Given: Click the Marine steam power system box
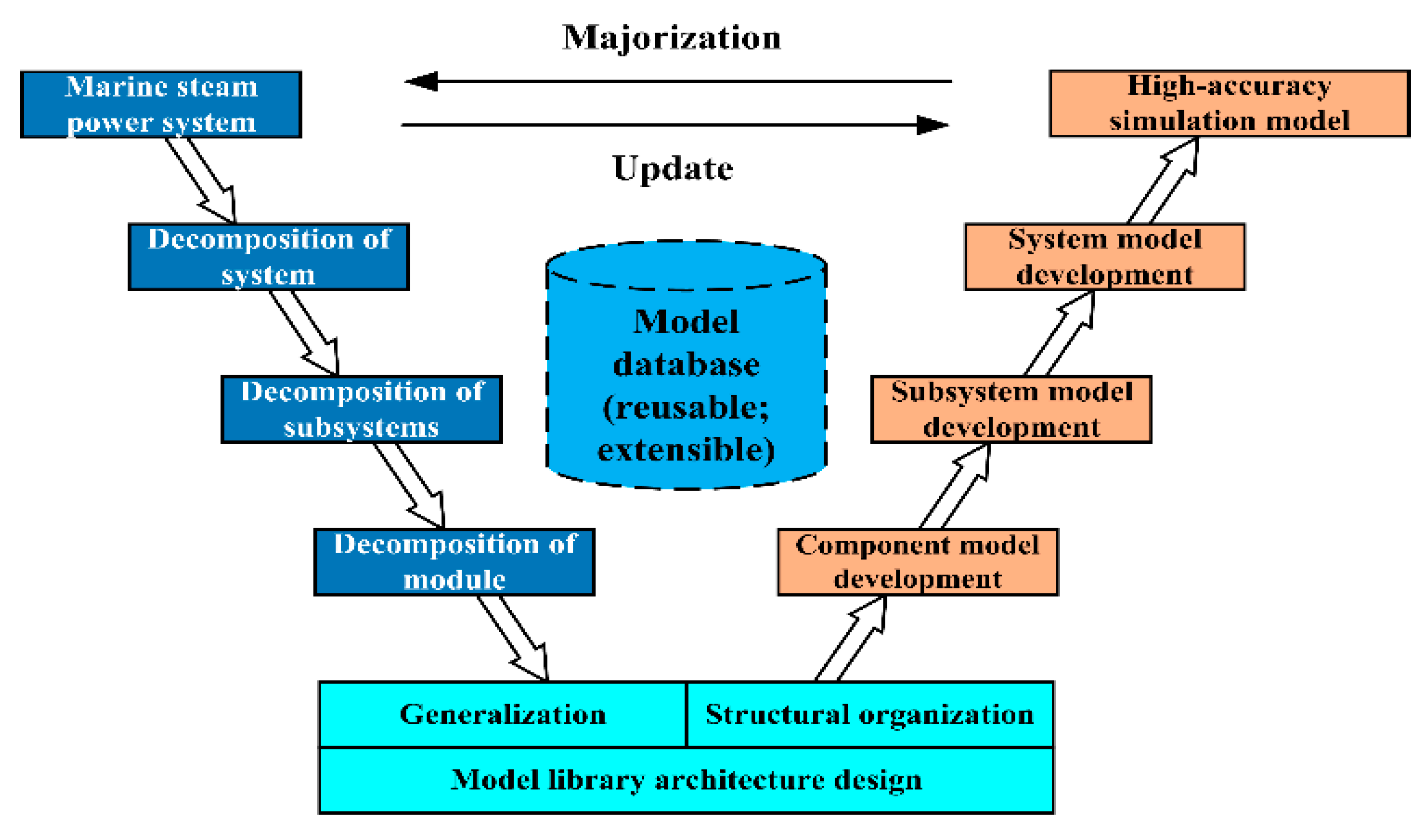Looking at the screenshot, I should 161,104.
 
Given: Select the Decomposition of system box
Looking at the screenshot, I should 268,257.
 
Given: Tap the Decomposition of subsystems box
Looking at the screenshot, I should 361,409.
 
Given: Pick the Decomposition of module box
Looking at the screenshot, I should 455,562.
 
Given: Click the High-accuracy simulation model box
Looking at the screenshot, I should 1229,104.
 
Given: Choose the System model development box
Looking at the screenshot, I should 1104,257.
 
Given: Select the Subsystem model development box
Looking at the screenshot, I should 1011,409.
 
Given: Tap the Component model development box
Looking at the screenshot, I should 917,562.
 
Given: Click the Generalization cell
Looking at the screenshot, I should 502,714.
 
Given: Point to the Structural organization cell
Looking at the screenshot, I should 870,714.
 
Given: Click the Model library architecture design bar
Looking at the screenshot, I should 686,780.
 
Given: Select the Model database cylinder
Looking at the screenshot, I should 686,385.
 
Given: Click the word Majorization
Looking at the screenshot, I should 671,38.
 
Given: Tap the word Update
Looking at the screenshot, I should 673,168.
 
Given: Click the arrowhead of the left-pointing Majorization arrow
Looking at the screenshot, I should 422,81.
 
